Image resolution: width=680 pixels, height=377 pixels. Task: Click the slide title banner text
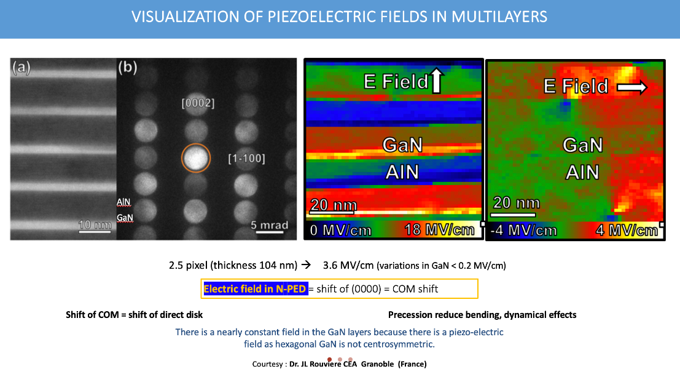point(339,16)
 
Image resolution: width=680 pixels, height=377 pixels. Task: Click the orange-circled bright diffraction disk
point(195,158)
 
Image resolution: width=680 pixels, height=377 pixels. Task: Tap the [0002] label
point(198,103)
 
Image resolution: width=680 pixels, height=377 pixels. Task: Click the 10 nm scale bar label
point(95,226)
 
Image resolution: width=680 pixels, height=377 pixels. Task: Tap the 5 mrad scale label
point(269,225)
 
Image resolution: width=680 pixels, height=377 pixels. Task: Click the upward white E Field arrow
point(437,81)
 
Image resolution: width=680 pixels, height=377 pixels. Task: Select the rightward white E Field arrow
point(631,89)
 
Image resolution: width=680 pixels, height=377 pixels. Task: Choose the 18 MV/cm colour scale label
point(439,230)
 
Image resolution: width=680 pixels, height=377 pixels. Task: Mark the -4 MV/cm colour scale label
point(523,231)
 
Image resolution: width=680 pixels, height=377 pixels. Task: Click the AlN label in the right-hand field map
point(582,172)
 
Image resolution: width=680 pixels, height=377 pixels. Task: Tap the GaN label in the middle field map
point(402,145)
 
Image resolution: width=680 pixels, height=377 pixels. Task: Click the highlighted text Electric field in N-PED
point(255,288)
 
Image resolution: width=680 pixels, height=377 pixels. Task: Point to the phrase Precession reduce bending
point(445,315)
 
